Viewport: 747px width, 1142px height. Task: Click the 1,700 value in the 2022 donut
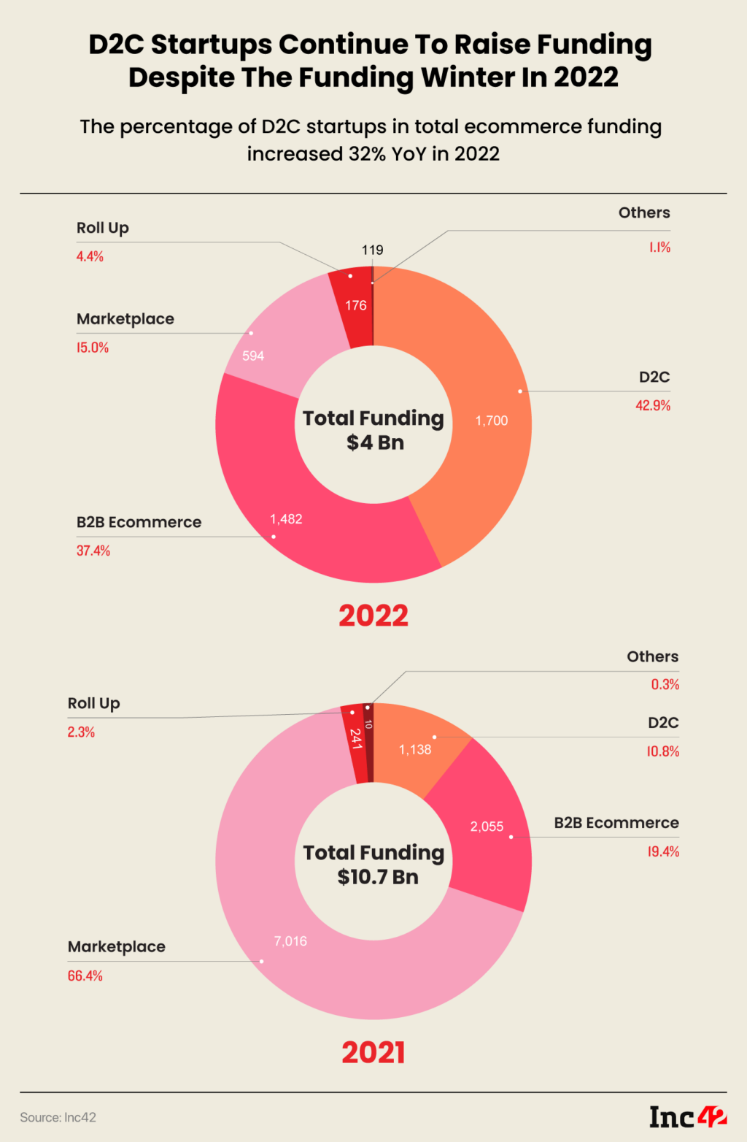click(491, 421)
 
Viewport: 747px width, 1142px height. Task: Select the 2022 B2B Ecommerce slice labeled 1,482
click(286, 519)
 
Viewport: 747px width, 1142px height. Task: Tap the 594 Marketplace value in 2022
click(253, 356)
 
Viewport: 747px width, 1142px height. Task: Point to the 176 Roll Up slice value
click(356, 305)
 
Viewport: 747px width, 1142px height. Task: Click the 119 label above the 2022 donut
click(372, 250)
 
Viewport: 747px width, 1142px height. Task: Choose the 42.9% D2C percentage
click(652, 405)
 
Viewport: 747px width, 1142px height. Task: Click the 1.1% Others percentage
click(659, 248)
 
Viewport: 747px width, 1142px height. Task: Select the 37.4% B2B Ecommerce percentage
click(93, 551)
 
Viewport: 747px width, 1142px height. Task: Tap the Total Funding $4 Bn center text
click(373, 430)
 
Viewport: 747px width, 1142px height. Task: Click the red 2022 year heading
click(373, 616)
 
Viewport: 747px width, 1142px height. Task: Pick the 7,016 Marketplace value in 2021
click(290, 941)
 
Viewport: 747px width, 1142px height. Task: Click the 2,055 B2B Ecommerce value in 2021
click(487, 827)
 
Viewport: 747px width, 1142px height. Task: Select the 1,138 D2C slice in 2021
click(414, 750)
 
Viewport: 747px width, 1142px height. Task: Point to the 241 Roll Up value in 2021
click(355, 739)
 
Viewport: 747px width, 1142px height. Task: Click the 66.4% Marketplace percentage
click(85, 976)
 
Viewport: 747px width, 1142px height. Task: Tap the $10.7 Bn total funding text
click(377, 877)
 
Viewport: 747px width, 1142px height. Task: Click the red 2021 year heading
click(373, 1052)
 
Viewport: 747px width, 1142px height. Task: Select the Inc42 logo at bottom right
click(688, 1116)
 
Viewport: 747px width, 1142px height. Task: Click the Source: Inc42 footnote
click(58, 1117)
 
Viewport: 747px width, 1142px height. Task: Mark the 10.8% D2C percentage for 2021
click(662, 751)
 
